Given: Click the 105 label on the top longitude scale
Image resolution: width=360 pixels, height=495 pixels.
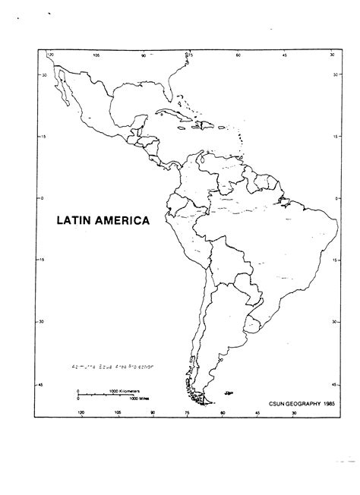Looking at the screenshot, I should tap(96, 56).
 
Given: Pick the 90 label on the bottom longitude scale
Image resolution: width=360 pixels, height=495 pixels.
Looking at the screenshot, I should tap(153, 412).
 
